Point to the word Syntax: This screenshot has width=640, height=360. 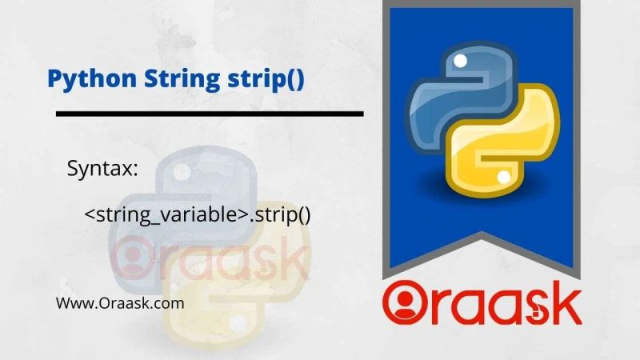click(103, 170)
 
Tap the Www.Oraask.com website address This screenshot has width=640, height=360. click(120, 303)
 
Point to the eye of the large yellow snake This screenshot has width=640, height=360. click(503, 175)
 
